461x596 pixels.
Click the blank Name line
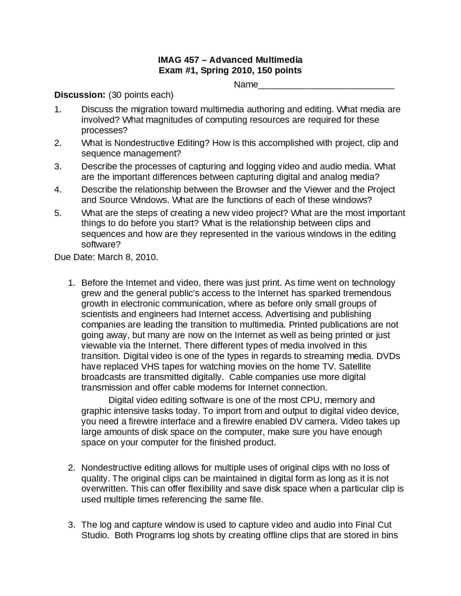tap(326, 85)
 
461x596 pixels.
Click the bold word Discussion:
tap(80, 95)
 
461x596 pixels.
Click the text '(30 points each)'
tap(141, 95)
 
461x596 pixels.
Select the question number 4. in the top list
tap(58, 190)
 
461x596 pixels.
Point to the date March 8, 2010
tap(128, 257)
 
